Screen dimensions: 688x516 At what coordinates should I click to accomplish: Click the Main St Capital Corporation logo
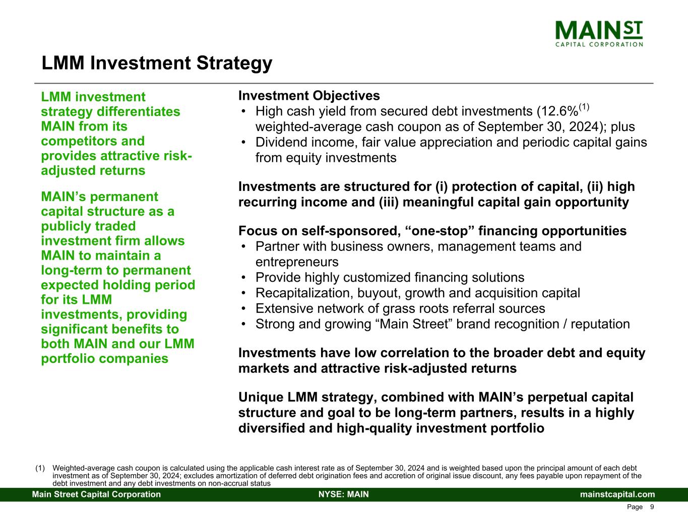tap(599, 34)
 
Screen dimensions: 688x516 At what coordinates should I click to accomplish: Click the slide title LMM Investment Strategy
tap(157, 63)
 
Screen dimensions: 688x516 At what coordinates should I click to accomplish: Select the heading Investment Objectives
tap(309, 96)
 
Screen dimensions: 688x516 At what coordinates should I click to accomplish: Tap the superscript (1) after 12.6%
tap(584, 107)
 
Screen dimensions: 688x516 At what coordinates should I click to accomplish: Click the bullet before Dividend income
tap(243, 143)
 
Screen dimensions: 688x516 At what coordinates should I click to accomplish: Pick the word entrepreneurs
tap(297, 262)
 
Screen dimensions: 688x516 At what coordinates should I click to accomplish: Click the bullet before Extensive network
tap(243, 308)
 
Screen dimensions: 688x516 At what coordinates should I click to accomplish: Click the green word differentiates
tap(139, 111)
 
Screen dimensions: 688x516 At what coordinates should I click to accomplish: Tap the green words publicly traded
tap(88, 226)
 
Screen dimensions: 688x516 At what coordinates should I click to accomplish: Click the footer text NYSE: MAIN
tap(344, 494)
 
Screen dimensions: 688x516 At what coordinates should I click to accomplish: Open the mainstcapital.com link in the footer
tap(617, 494)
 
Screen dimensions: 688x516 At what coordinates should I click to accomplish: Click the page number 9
tap(652, 507)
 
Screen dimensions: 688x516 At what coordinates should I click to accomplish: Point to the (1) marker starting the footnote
tap(40, 468)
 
